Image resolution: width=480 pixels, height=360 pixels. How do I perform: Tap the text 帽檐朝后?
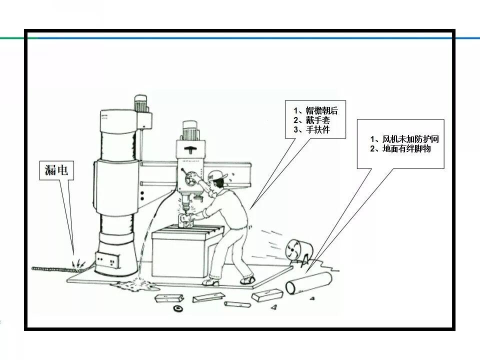click(x=321, y=110)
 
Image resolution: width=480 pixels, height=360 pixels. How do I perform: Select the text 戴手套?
click(x=318, y=120)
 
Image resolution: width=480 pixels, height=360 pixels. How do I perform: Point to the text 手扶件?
click(x=318, y=129)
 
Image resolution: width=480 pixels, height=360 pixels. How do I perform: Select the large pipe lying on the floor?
click(x=309, y=283)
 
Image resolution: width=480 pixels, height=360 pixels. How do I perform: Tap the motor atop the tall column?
click(x=141, y=103)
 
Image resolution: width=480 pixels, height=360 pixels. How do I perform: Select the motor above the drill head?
click(x=191, y=130)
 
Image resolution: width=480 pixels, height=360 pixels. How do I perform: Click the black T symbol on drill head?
click(x=190, y=150)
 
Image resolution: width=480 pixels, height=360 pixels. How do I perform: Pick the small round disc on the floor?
click(x=177, y=308)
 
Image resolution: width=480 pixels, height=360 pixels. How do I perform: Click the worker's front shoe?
click(x=210, y=282)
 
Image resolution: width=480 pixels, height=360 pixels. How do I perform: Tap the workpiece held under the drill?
click(x=185, y=220)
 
